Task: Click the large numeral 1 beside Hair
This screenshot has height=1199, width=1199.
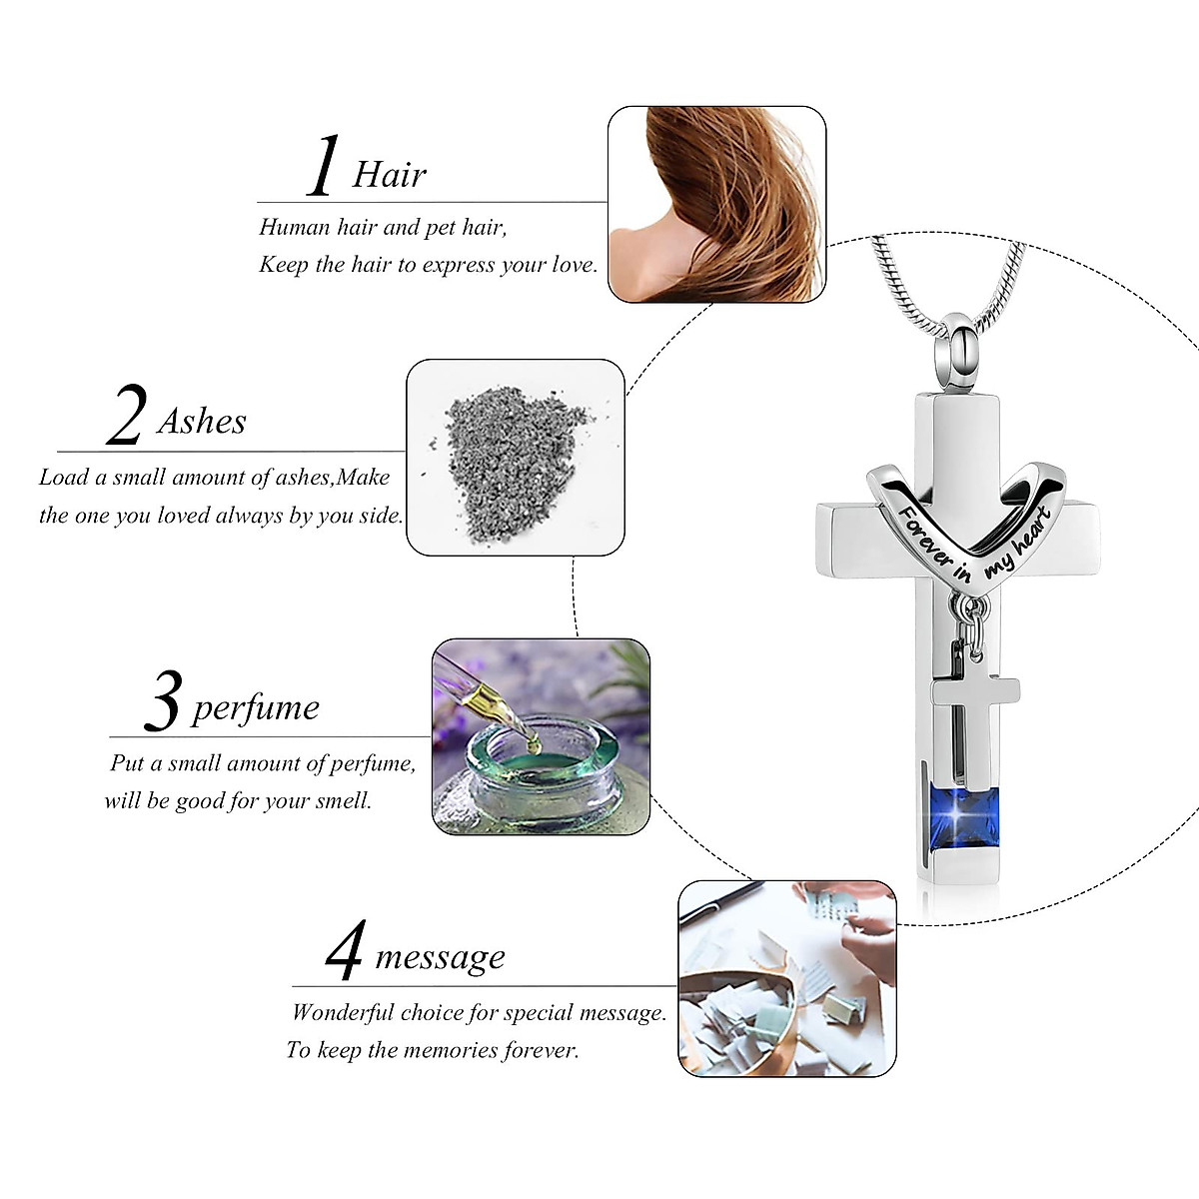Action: [323, 167]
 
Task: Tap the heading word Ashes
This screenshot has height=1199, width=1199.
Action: [202, 421]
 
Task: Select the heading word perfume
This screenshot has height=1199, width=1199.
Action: [256, 707]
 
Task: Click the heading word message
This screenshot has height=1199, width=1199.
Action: [440, 956]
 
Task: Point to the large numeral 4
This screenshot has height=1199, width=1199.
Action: [345, 951]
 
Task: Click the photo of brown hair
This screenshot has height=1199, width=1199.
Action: [716, 204]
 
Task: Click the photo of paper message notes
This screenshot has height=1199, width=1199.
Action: [786, 978]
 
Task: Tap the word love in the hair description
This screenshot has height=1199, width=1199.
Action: [573, 265]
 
